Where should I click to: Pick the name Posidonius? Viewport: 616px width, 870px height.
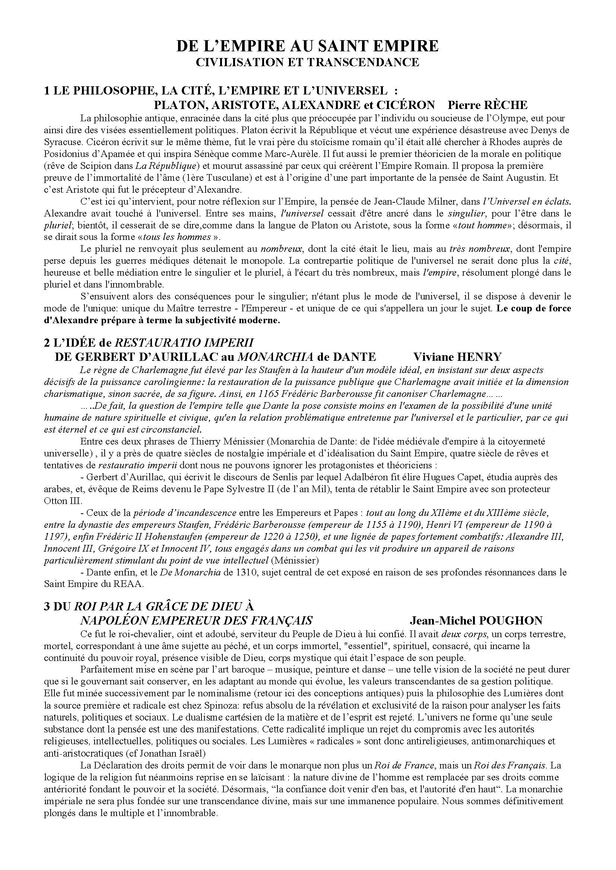coord(68,154)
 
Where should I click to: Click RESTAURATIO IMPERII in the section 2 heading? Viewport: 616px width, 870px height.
coord(184,343)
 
